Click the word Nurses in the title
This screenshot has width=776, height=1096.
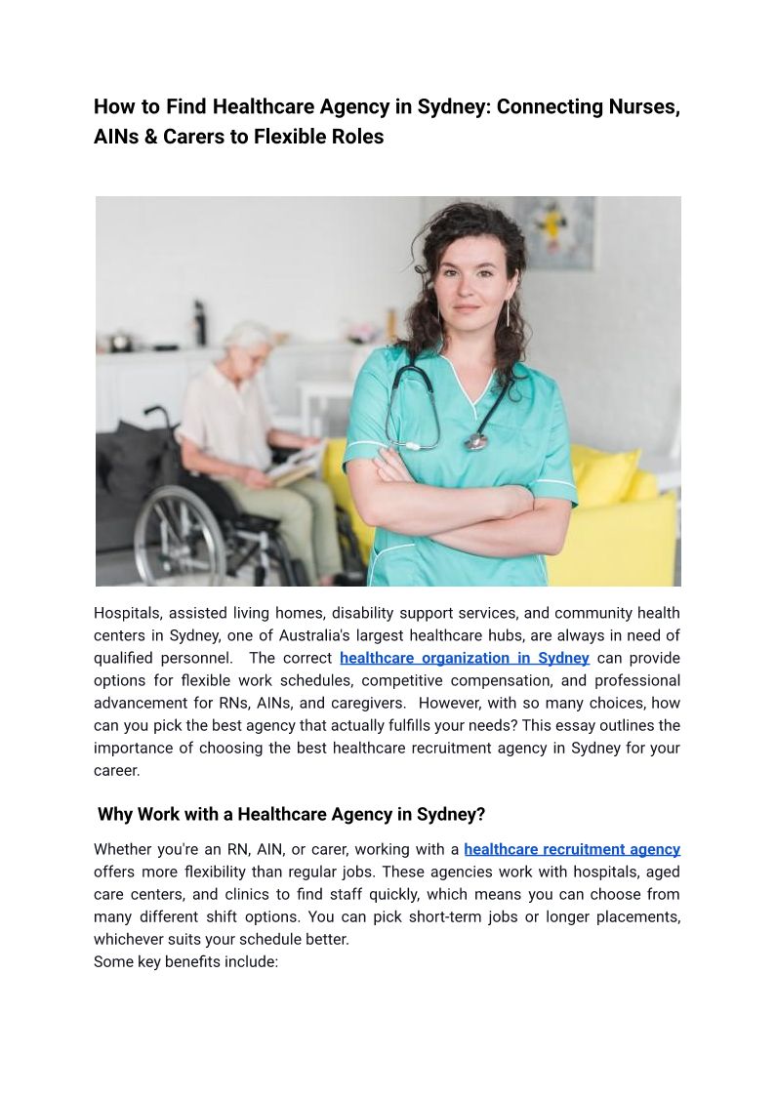(x=639, y=107)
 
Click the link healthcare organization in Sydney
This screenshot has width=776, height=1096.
(x=465, y=658)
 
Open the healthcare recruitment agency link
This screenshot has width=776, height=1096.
(x=572, y=849)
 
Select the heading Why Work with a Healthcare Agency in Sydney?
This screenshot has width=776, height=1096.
(x=291, y=814)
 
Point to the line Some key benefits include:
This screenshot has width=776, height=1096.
(x=185, y=961)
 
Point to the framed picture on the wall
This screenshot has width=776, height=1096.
(x=553, y=232)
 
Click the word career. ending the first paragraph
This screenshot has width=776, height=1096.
(x=117, y=770)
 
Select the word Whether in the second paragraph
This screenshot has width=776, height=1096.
(x=122, y=849)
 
